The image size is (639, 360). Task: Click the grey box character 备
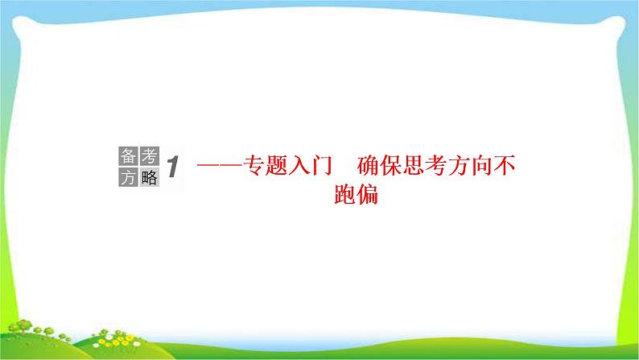tap(128, 156)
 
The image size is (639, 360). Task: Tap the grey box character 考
tap(149, 156)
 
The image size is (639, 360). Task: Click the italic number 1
tap(174, 168)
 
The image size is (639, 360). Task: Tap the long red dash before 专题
tap(221, 168)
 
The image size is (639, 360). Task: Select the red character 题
tap(278, 168)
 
